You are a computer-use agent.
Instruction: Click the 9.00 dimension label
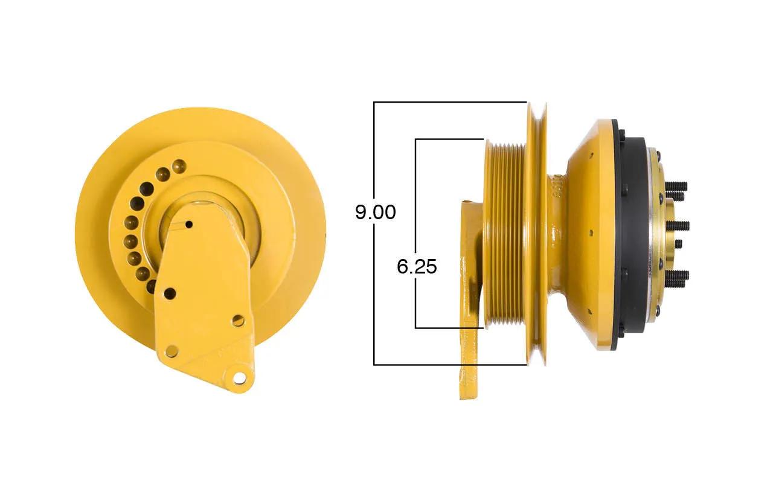pyautogui.click(x=376, y=212)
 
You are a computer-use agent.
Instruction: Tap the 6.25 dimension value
pyautogui.click(x=417, y=266)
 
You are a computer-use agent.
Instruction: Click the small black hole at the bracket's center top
pyautogui.click(x=189, y=225)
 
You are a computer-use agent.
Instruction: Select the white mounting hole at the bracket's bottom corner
pyautogui.click(x=239, y=378)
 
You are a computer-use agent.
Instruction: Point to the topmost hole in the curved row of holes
pyautogui.click(x=179, y=166)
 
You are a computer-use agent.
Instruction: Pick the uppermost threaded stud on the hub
pyautogui.click(x=676, y=187)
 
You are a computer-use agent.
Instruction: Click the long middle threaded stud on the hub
pyautogui.click(x=678, y=226)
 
